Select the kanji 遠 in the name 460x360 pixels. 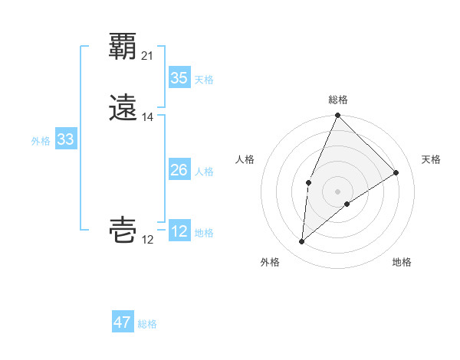tap(123, 106)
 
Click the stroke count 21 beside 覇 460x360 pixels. tap(148, 55)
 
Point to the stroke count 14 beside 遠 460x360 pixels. tap(148, 117)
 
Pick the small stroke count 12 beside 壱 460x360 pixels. tap(148, 240)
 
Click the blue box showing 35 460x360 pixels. tap(179, 78)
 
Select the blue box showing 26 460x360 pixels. tap(179, 171)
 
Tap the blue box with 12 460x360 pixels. tap(179, 231)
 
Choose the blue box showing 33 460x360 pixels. tap(66, 139)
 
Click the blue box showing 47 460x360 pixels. tap(123, 322)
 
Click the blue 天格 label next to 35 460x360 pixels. tap(204, 80)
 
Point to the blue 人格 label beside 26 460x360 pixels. tap(204, 172)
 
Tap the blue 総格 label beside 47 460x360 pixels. tap(147, 324)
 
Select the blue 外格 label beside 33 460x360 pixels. tap(41, 141)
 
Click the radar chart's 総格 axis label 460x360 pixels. tap(338, 100)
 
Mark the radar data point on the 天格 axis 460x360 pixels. tap(396, 172)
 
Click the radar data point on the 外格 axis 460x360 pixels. tap(302, 242)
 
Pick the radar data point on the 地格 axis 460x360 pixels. tap(347, 204)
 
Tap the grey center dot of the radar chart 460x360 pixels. tap(338, 191)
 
